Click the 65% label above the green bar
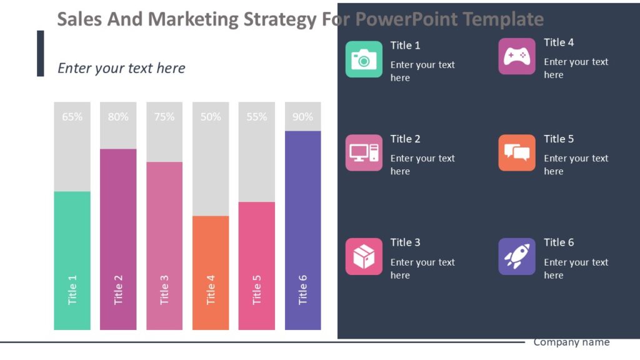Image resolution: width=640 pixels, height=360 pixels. click(x=72, y=117)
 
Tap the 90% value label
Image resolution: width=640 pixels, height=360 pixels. click(x=302, y=117)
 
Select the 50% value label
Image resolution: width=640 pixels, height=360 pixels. click(x=211, y=117)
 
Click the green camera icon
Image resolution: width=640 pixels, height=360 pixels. click(x=364, y=59)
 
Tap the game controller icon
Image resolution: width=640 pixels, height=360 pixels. click(x=517, y=56)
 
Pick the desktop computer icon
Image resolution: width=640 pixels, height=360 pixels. click(x=364, y=152)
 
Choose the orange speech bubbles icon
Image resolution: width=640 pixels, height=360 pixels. click(x=517, y=152)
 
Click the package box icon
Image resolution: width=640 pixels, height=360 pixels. click(x=364, y=256)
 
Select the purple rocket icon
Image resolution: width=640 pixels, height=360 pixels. click(x=517, y=256)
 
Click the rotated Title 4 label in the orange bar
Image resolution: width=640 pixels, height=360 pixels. click(x=211, y=289)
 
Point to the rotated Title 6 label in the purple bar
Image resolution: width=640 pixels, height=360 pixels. click(x=302, y=289)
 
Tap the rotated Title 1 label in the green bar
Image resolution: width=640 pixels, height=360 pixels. click(x=72, y=289)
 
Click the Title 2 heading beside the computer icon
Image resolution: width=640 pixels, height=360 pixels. click(x=406, y=139)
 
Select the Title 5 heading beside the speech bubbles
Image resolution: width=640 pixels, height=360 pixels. click(x=559, y=139)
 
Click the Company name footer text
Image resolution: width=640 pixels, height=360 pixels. click(x=571, y=342)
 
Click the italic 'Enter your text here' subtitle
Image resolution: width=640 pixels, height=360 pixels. click(x=121, y=68)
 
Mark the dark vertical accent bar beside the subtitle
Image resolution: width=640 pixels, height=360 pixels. click(x=41, y=53)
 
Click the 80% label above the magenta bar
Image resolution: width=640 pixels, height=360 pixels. click(x=118, y=117)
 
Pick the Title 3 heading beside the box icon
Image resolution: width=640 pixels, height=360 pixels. click(x=406, y=242)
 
